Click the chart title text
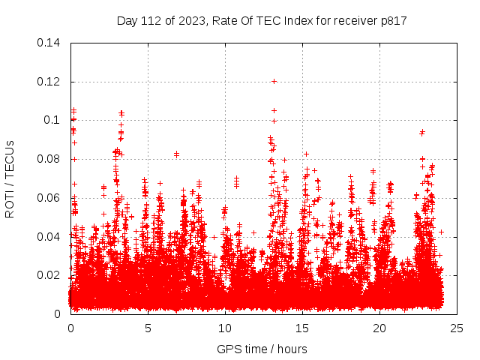(262, 20)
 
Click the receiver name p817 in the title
(392, 20)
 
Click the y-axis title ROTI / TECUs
(10, 178)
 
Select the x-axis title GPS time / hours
(262, 349)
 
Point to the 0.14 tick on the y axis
(49, 42)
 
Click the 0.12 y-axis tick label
(49, 81)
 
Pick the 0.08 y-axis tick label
(49, 159)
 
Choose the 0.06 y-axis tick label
(49, 198)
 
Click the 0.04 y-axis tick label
(49, 237)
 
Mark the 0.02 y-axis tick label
(49, 275)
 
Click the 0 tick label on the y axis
(58, 314)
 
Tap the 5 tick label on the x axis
(148, 328)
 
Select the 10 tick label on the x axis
(225, 328)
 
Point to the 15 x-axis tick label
(302, 328)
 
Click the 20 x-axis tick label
(379, 328)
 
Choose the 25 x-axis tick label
(457, 328)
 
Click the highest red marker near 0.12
(274, 81)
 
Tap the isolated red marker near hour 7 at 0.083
(176, 154)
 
